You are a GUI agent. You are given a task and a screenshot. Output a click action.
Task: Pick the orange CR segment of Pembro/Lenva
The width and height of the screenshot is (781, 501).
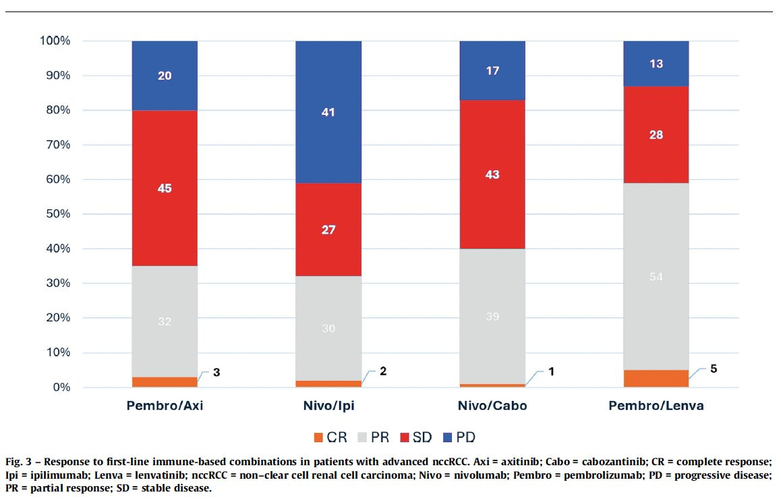click(656, 378)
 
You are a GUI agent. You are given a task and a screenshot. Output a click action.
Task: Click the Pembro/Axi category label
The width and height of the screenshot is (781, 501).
click(165, 406)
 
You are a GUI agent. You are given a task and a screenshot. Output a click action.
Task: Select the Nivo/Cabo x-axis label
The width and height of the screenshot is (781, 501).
click(492, 406)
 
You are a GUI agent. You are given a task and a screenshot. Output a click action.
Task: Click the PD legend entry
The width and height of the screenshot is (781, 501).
click(458, 438)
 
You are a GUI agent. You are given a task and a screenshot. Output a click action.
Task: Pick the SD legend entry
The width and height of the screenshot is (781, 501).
click(415, 438)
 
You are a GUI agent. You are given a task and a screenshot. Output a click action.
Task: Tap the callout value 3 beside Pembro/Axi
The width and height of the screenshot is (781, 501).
click(216, 373)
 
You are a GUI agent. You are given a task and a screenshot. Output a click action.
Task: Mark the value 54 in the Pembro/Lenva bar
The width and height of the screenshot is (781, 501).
click(656, 277)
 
